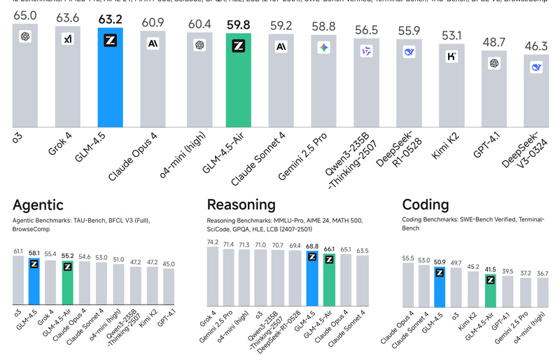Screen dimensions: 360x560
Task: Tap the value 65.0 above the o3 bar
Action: (25, 14)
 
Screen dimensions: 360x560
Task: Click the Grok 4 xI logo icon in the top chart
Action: (68, 39)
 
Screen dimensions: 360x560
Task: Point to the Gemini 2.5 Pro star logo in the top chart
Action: (323, 48)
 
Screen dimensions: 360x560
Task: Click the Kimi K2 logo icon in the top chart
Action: (451, 57)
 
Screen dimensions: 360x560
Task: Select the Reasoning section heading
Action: (241, 205)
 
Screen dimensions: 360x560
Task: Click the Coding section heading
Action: (426, 205)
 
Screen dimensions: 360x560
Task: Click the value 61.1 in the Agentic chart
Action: (18, 250)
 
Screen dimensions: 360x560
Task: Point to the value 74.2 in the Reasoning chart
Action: (212, 242)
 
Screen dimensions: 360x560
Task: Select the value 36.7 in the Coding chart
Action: (540, 272)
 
